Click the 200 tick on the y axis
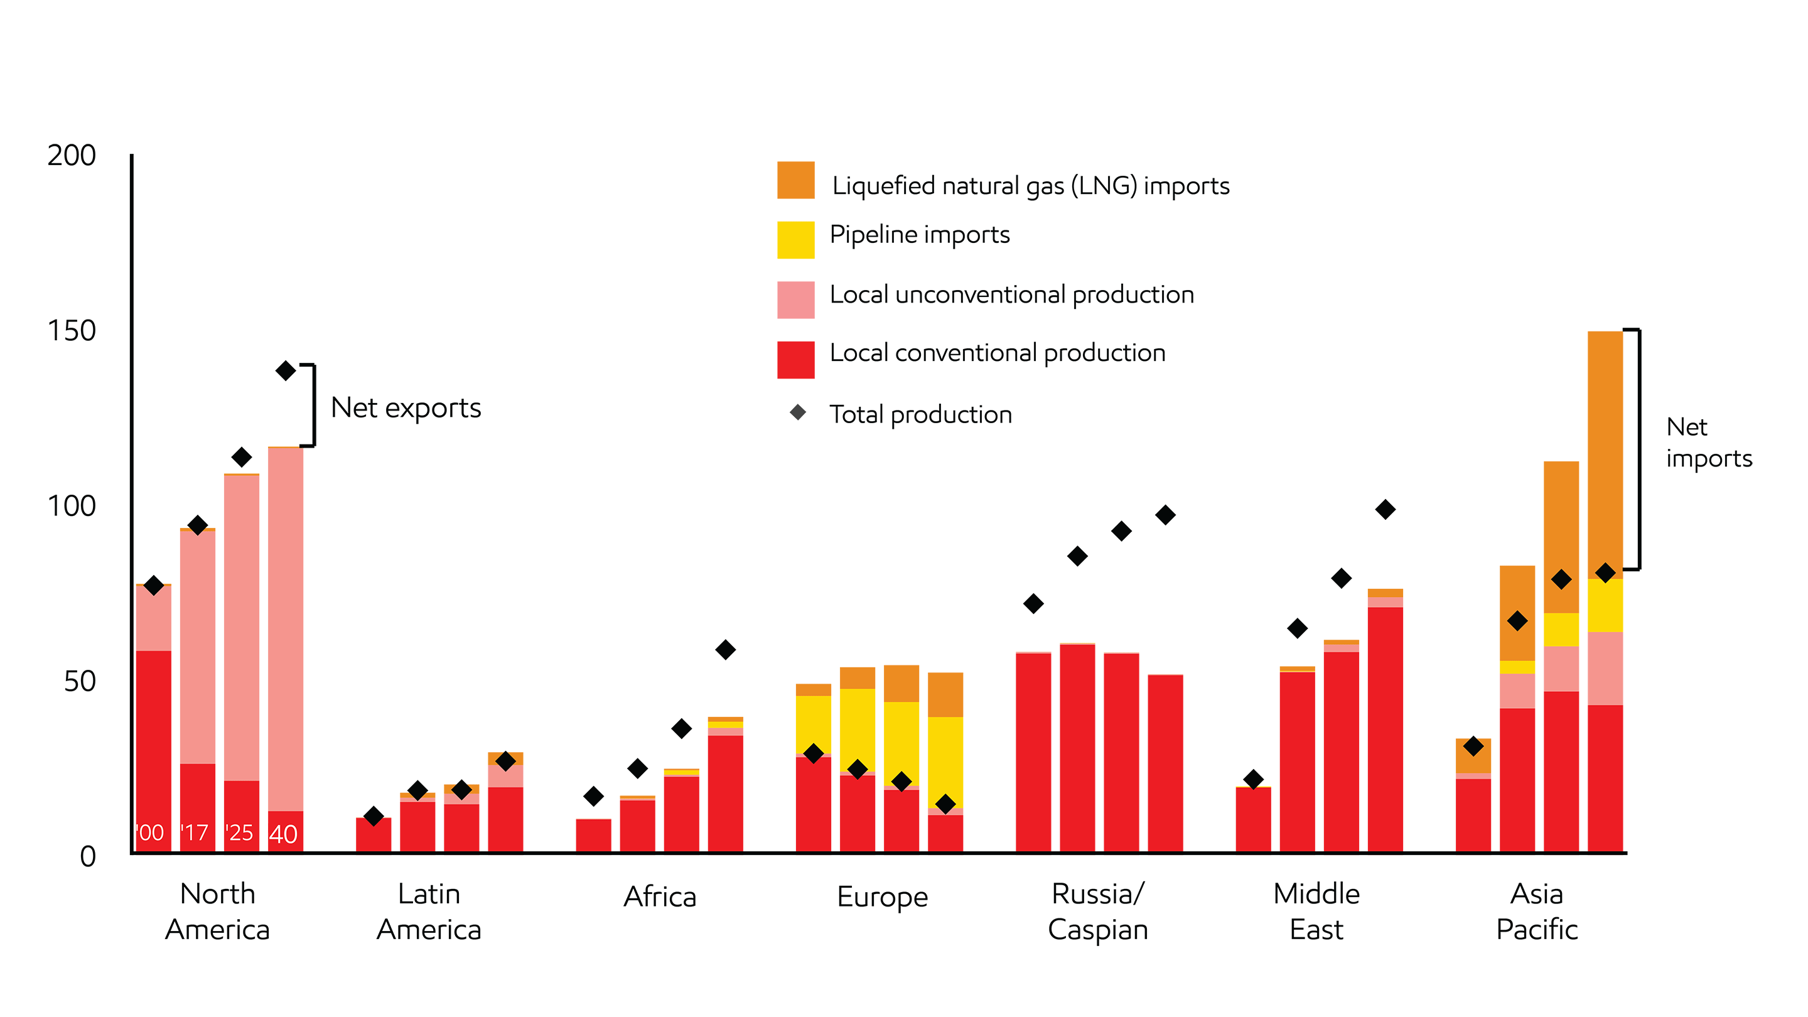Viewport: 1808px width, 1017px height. pyautogui.click(x=72, y=155)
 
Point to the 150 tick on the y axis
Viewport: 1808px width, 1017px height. pyautogui.click(x=72, y=331)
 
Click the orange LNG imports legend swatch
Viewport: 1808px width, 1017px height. pyautogui.click(x=795, y=180)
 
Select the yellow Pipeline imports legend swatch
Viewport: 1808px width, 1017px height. pyautogui.click(x=795, y=240)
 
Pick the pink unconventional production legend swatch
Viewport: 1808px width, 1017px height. pyautogui.click(x=795, y=299)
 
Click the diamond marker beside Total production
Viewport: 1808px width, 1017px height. pyautogui.click(x=797, y=412)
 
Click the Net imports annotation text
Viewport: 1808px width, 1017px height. pyautogui.click(x=1708, y=442)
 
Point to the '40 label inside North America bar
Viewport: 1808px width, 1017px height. pyautogui.click(x=284, y=834)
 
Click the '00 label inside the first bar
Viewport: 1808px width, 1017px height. pyautogui.click(x=150, y=832)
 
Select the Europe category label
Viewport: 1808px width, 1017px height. pyautogui.click(x=882, y=897)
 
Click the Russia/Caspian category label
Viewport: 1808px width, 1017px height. pyautogui.click(x=1098, y=912)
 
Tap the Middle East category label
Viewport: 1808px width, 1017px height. pyautogui.click(x=1316, y=912)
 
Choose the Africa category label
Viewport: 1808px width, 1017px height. pyautogui.click(x=660, y=897)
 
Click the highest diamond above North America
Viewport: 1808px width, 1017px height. pyautogui.click(x=285, y=370)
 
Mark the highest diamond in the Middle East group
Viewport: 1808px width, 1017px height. pyautogui.click(x=1385, y=510)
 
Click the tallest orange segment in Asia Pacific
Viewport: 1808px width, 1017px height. pyautogui.click(x=1605, y=455)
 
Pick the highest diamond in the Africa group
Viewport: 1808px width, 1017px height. pyautogui.click(x=725, y=650)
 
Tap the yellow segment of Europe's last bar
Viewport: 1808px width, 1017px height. pyautogui.click(x=945, y=761)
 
